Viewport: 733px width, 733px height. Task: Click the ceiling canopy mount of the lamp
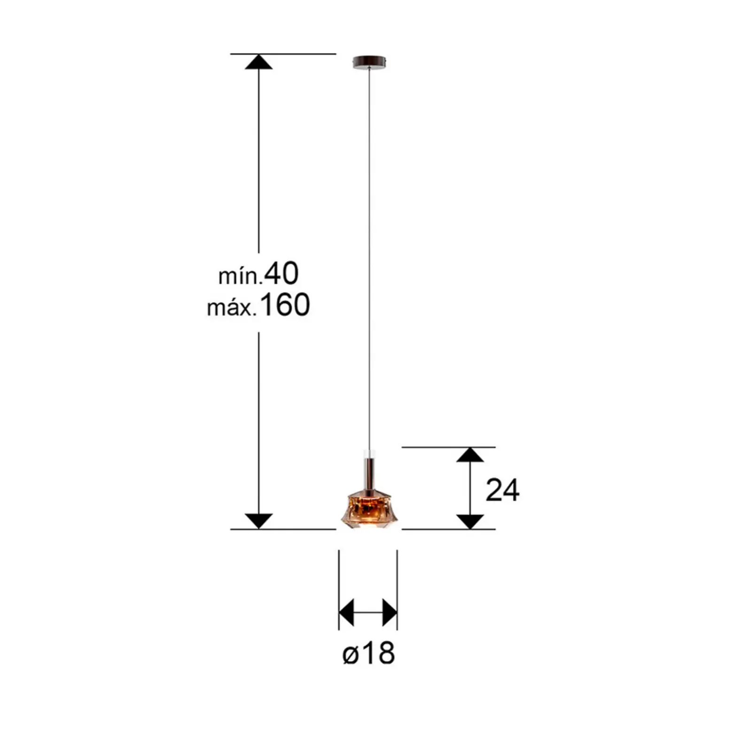coord(369,62)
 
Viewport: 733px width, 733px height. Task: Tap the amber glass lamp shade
coord(369,509)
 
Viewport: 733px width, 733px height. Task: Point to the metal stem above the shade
coord(369,473)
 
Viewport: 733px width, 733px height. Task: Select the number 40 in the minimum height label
coord(281,273)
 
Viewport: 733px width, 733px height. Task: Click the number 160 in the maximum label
coord(285,304)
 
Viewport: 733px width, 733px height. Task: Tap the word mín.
coord(240,277)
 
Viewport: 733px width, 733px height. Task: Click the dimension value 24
coord(502,490)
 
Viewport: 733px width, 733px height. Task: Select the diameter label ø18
coord(369,653)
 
